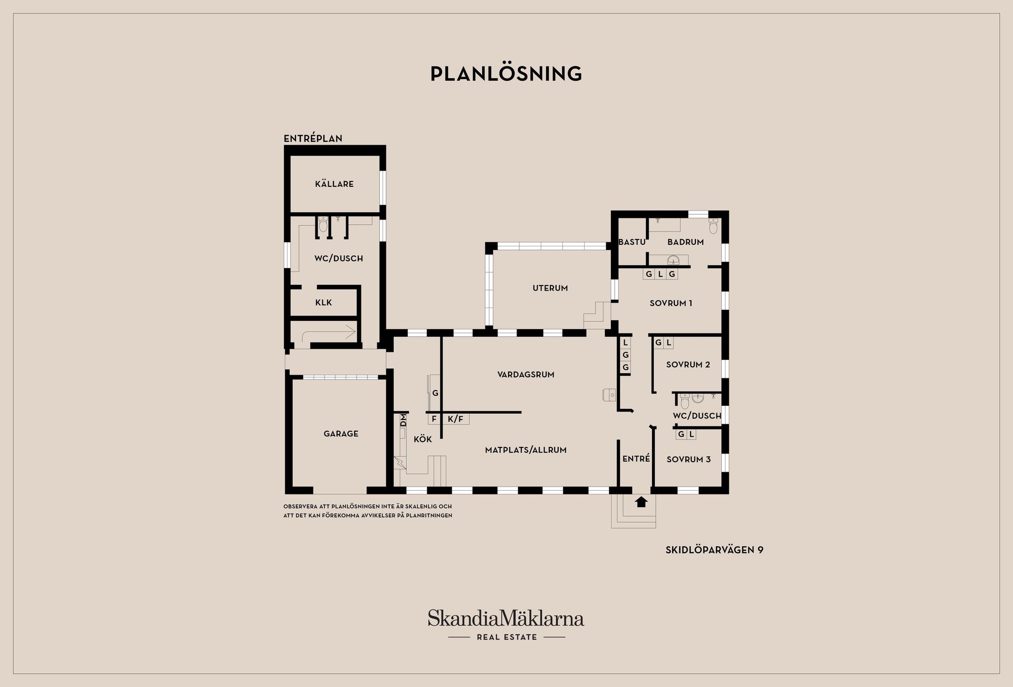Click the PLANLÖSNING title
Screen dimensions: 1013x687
click(x=506, y=73)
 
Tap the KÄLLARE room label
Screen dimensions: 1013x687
click(x=334, y=184)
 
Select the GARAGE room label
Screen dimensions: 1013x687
click(x=341, y=434)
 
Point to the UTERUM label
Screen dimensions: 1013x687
click(x=550, y=288)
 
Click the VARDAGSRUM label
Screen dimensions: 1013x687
click(x=525, y=375)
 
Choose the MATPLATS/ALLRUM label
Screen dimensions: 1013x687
click(x=525, y=450)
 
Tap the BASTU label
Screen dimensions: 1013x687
click(x=632, y=242)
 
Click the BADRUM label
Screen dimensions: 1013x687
click(x=685, y=242)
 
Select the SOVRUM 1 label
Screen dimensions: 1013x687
click(x=671, y=303)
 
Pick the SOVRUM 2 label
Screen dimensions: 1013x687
click(x=688, y=365)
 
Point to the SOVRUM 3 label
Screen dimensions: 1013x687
click(x=689, y=460)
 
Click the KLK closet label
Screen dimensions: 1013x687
click(x=323, y=303)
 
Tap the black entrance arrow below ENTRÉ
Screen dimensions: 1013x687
click(x=641, y=502)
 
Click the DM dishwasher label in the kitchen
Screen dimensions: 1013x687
click(x=404, y=421)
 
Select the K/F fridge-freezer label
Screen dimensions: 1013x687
click(x=455, y=419)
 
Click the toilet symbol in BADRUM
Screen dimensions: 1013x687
click(x=713, y=226)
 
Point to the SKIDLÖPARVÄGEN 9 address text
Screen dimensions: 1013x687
click(x=714, y=550)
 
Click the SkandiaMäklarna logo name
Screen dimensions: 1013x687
click(x=506, y=618)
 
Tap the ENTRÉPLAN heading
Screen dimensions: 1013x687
click(x=313, y=138)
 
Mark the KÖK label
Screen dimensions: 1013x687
click(x=423, y=439)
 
